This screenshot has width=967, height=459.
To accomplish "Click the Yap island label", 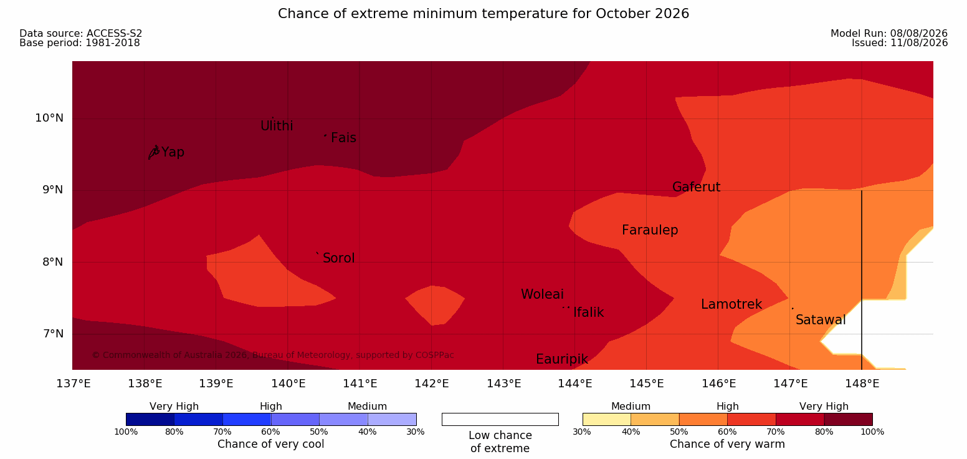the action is click(x=173, y=153).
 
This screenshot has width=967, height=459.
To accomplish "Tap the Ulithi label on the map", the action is click(x=277, y=126).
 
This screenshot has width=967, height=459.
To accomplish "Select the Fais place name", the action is click(x=344, y=138).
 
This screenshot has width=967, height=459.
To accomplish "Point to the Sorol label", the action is click(x=339, y=258).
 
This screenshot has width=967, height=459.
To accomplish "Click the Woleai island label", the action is click(x=542, y=294).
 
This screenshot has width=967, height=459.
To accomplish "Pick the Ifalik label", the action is click(x=588, y=312).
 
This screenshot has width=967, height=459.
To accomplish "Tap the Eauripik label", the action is click(x=562, y=359).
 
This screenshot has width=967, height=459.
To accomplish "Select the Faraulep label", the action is click(x=650, y=230).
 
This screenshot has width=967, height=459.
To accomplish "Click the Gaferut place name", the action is click(x=697, y=187).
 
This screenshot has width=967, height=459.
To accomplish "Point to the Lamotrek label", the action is click(x=731, y=304).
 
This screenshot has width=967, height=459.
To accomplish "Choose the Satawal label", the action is click(x=821, y=320).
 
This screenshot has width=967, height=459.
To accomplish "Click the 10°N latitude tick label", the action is click(x=49, y=118).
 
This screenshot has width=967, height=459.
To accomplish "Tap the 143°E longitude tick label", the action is click(x=503, y=384).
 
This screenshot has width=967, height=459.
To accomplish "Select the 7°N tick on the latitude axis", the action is click(x=53, y=334).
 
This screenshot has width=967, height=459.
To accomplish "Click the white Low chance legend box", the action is click(x=500, y=419).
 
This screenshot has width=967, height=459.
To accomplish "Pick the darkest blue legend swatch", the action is click(x=150, y=419).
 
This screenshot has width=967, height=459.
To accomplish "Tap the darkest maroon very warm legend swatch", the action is click(x=848, y=419).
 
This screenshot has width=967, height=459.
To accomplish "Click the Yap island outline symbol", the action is click(x=154, y=152).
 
